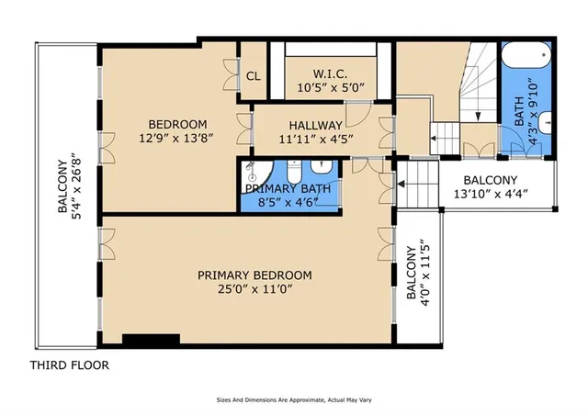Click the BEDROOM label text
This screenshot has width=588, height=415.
(x=177, y=125)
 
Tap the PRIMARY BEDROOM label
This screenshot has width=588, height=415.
(x=255, y=275)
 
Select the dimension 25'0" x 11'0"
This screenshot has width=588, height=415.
(x=255, y=291)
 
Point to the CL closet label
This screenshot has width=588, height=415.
(x=252, y=77)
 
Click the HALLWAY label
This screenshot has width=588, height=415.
(x=315, y=126)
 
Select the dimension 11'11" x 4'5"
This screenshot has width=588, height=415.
(x=315, y=140)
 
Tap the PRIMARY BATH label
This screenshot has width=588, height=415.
(x=288, y=188)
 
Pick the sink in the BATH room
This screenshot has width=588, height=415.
(x=545, y=120)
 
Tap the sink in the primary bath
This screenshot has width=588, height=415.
(x=322, y=168)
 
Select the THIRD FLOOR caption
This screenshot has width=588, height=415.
(x=70, y=365)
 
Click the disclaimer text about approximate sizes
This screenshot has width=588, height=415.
(x=293, y=400)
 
